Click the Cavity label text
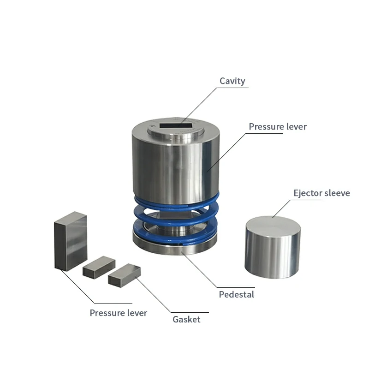coord(232,81)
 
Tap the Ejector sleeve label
coord(321,193)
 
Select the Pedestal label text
coord(237,294)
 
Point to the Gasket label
coord(186,319)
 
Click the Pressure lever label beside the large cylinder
coord(278,126)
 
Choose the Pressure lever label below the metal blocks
coord(119,313)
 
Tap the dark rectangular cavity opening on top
coord(177,125)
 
